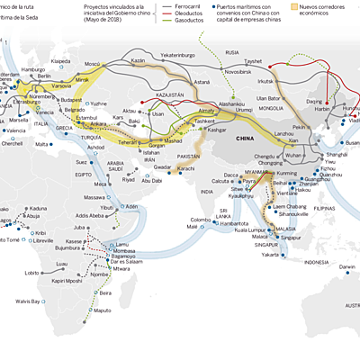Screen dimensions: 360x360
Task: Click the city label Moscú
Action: click(x=92, y=65)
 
